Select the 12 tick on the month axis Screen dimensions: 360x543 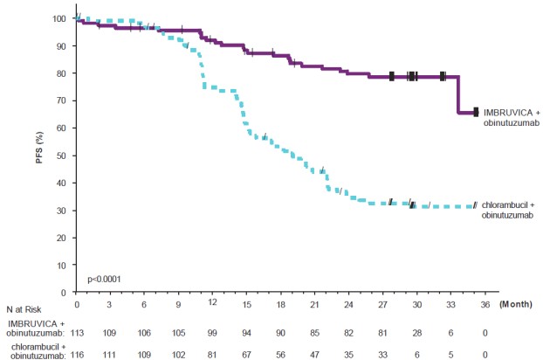pos(212,301)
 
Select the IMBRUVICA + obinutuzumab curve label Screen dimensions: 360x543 pos(513,116)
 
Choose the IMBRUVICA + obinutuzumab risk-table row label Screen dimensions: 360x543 pos(37,327)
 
